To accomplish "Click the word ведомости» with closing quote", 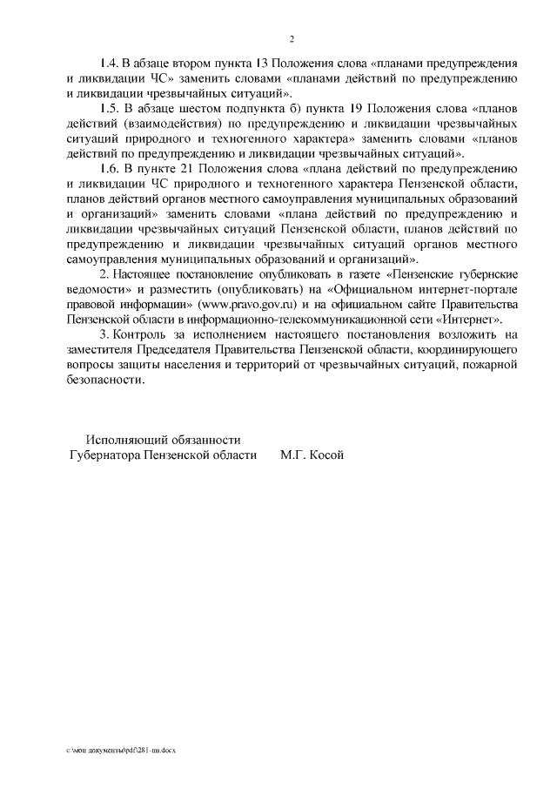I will [x=96, y=288].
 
